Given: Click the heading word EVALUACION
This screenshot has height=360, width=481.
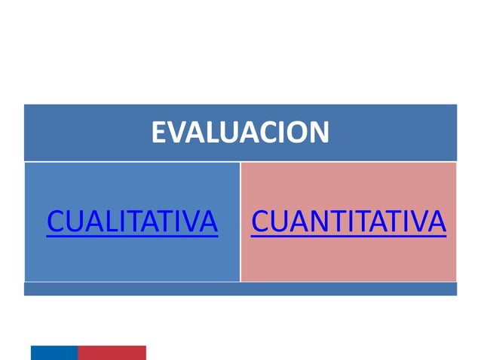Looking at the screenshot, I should point(240,133).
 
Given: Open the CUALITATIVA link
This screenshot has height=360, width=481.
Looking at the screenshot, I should point(132,222).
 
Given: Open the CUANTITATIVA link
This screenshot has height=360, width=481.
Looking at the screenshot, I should point(348,222).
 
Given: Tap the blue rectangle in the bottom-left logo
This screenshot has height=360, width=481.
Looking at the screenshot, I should point(54,352).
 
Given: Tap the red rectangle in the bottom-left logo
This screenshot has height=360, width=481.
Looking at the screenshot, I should point(112,352).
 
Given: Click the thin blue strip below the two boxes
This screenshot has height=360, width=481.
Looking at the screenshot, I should point(240,288).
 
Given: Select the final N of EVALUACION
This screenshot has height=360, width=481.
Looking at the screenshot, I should point(320,133).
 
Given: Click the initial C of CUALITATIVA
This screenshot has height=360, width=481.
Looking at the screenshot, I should point(55,222).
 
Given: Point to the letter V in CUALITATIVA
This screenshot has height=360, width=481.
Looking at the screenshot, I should point(189,222).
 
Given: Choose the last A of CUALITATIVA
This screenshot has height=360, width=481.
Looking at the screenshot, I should point(208,222).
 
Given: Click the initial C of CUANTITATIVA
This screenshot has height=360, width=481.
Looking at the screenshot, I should point(259,222).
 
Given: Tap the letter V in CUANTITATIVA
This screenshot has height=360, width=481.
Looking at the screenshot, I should point(417,222).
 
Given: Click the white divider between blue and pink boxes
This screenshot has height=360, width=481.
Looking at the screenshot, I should point(240,221).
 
